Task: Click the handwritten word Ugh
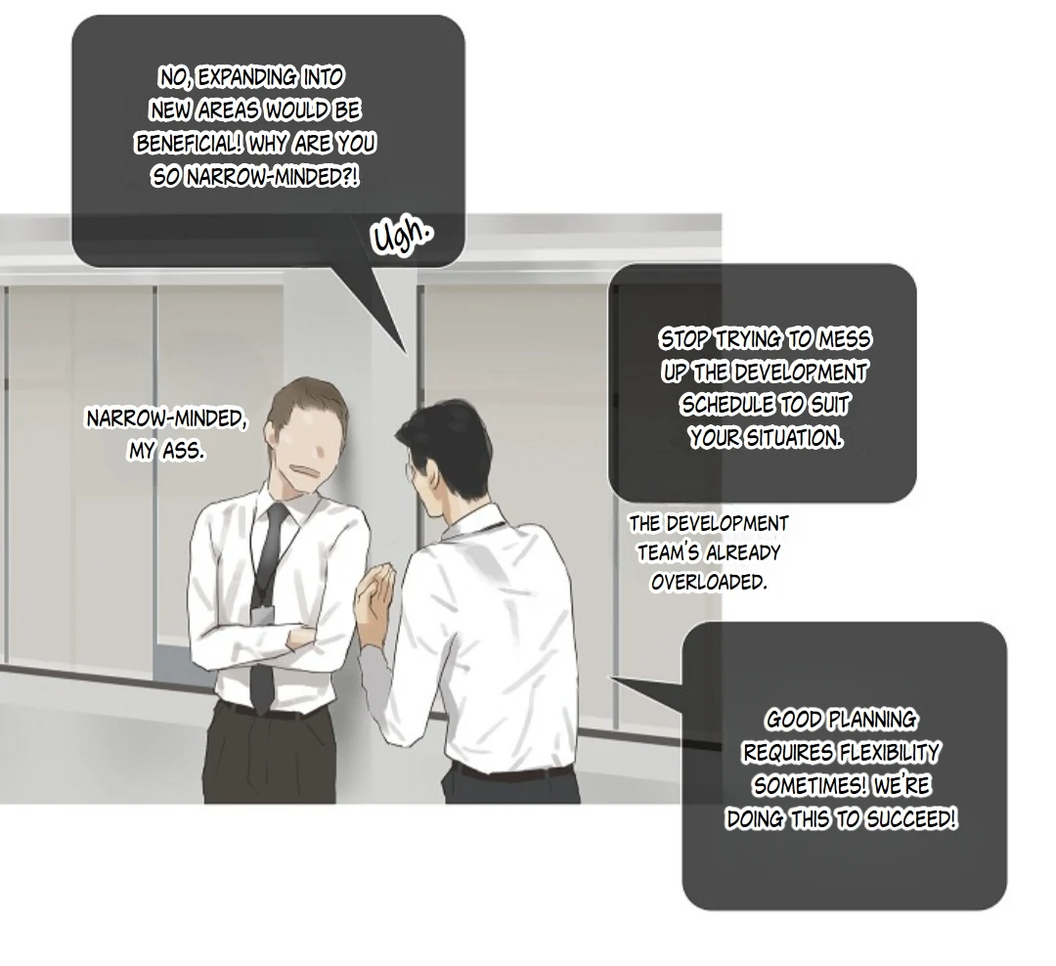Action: pyautogui.click(x=402, y=236)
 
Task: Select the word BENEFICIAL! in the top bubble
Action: pyautogui.click(x=189, y=144)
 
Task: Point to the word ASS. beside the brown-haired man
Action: pyautogui.click(x=183, y=451)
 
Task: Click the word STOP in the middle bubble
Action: pyautogui.click(x=684, y=339)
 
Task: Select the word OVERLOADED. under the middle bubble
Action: pyautogui.click(x=709, y=582)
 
